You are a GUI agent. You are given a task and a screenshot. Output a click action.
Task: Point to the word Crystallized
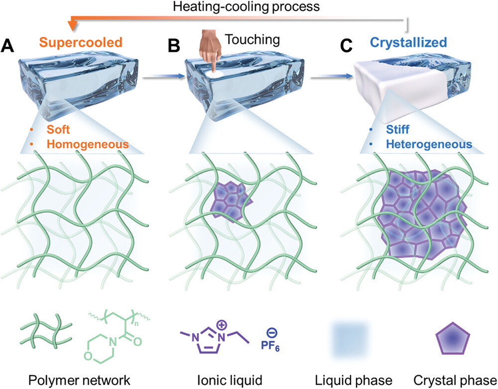408,43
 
